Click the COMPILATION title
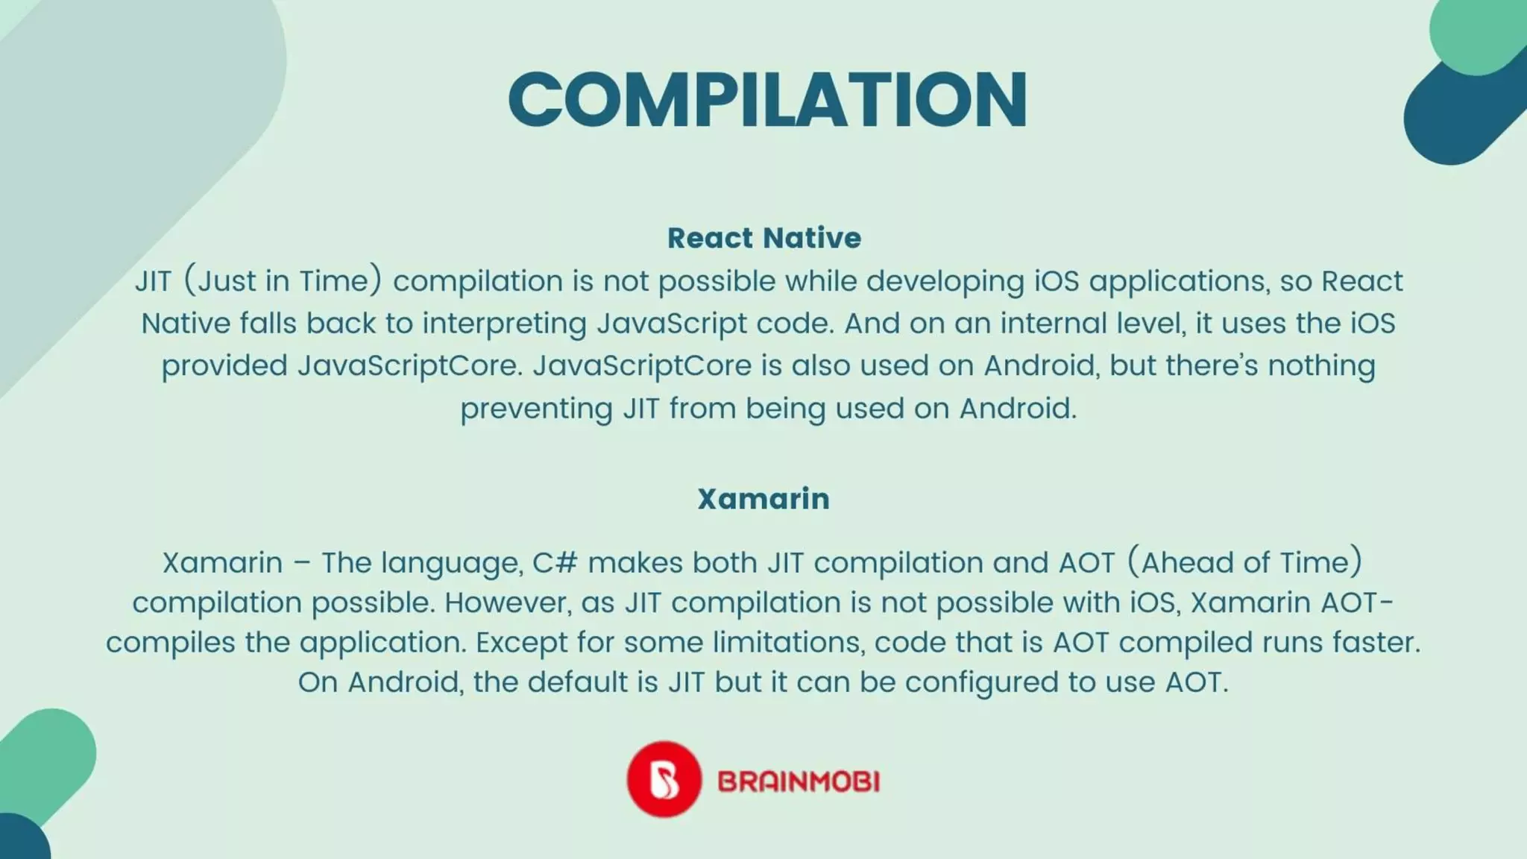tap(768, 100)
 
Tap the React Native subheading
tap(763, 238)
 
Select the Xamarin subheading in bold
tap(763, 498)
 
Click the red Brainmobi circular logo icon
tap(663, 778)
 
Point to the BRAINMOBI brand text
tap(799, 781)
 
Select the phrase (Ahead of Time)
tap(1244, 562)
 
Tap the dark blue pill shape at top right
tap(1454, 112)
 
